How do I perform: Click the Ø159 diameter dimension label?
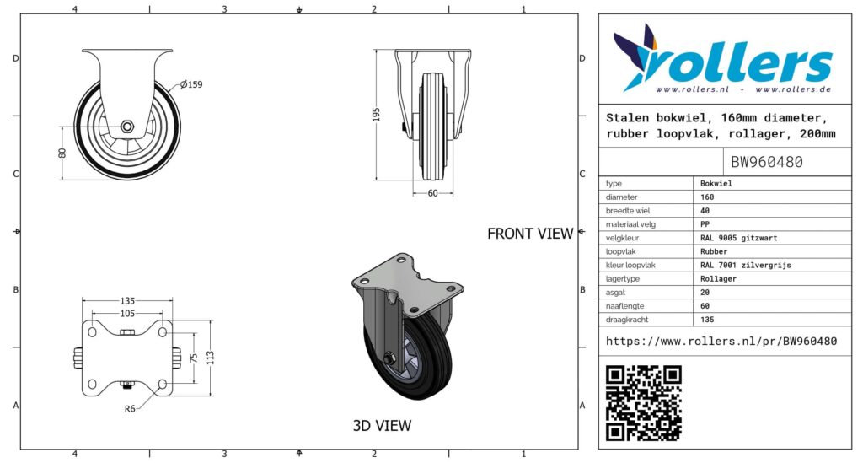pyautogui.click(x=191, y=85)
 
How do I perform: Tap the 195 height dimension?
pyautogui.click(x=377, y=115)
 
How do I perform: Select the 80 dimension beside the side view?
pyautogui.click(x=62, y=153)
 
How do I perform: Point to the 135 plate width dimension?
pyautogui.click(x=127, y=301)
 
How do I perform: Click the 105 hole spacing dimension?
pyautogui.click(x=127, y=313)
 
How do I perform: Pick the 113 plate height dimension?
pyautogui.click(x=210, y=358)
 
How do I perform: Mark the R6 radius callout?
pyautogui.click(x=130, y=409)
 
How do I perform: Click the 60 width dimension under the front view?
pyautogui.click(x=433, y=193)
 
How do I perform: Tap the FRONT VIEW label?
pyautogui.click(x=530, y=234)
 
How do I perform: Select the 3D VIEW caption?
pyautogui.click(x=382, y=426)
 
